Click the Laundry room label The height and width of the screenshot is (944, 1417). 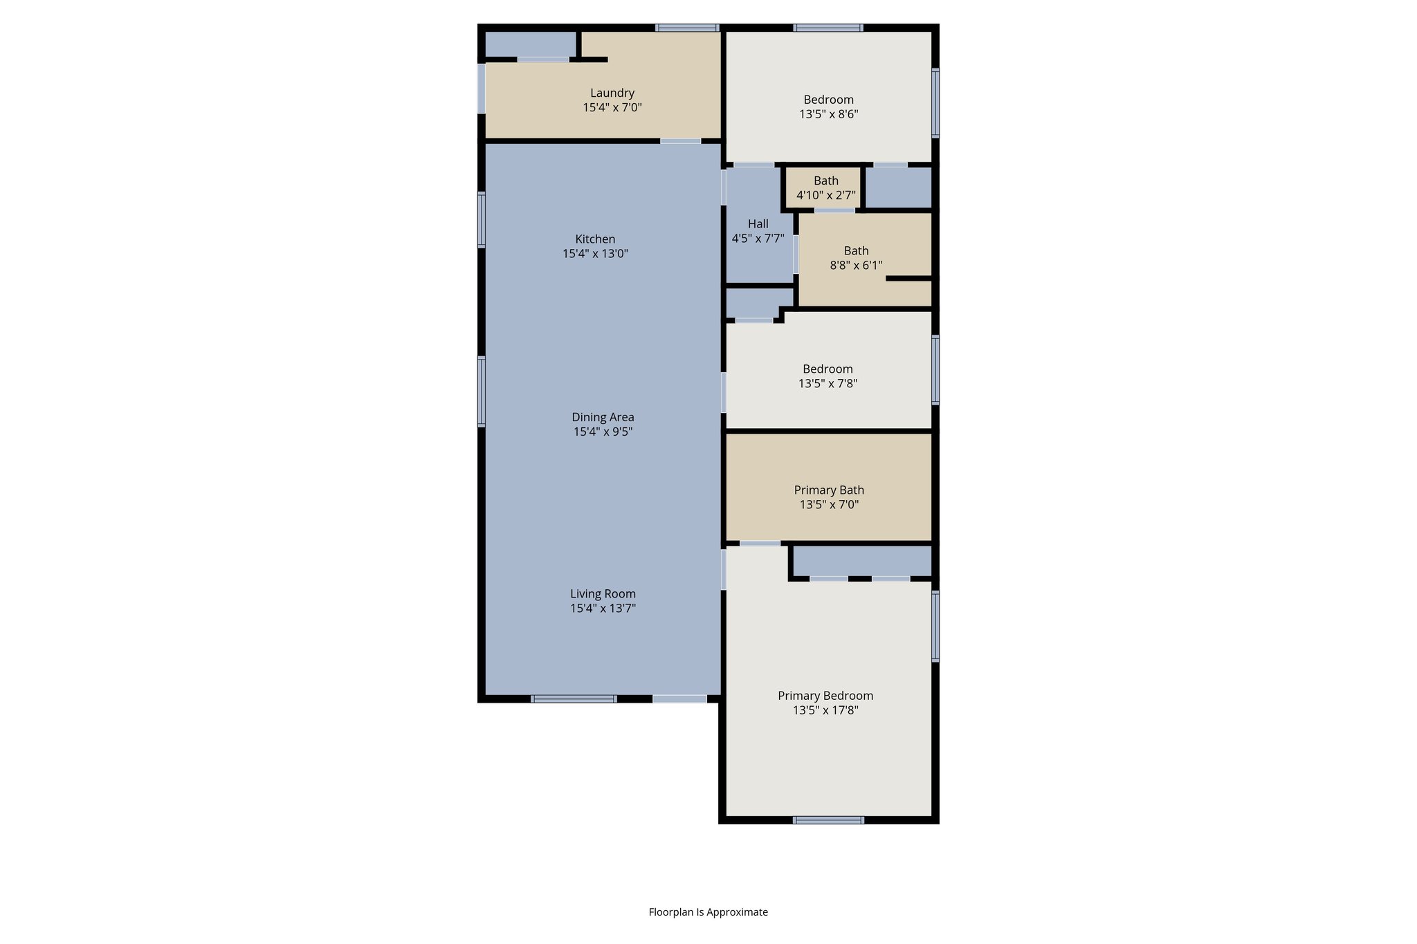pos(612,93)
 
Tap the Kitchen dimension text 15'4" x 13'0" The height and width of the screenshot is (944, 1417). pos(595,254)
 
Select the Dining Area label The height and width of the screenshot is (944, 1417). pos(603,417)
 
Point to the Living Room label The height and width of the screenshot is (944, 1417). pos(603,593)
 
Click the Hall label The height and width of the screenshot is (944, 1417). pos(758,224)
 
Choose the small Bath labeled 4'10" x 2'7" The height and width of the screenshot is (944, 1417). pos(825,188)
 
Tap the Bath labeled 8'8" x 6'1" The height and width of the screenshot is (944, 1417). pos(856,257)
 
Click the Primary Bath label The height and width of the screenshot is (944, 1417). pos(829,490)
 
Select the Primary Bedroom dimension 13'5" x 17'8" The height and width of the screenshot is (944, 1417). pos(825,710)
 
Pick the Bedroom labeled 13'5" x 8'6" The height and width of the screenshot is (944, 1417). pos(828,107)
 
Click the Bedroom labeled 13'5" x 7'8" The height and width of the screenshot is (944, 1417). pos(828,376)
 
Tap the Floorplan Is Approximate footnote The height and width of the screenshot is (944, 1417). pos(708,912)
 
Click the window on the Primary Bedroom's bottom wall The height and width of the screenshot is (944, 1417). pos(828,820)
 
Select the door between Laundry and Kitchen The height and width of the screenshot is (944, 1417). pos(680,141)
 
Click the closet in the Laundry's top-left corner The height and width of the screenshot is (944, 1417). pos(530,44)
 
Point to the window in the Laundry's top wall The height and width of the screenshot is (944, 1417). pos(687,28)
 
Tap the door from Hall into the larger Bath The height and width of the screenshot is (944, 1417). pos(796,254)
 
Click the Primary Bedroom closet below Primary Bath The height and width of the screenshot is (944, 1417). pos(861,561)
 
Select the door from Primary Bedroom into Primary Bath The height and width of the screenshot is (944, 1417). pos(760,544)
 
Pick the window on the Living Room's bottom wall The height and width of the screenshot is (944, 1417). pos(574,699)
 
